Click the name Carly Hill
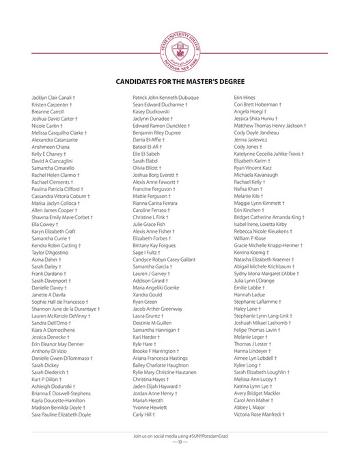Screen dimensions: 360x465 tap(144, 414)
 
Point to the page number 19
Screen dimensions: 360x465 tap(180, 442)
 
